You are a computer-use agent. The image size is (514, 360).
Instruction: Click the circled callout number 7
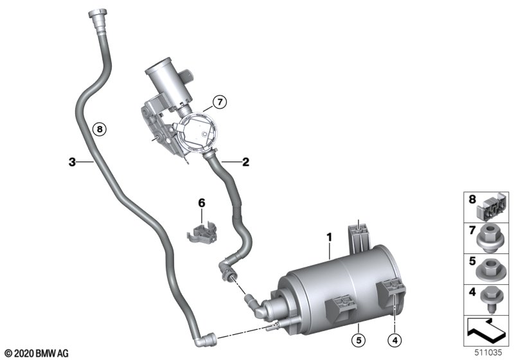point(220,102)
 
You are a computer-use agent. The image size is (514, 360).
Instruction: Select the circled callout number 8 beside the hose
point(100,129)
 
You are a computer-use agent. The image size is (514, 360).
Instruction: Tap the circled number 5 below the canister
point(359,340)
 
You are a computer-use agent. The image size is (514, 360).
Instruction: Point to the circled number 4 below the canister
point(394,340)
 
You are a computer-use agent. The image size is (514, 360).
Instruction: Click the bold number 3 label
point(72,162)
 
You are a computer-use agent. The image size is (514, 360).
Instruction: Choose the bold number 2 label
point(245,162)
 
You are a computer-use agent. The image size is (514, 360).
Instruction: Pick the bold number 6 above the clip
point(202,203)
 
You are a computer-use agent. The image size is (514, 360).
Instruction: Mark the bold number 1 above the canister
point(330,237)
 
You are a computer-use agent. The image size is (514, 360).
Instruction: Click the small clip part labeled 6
point(202,232)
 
